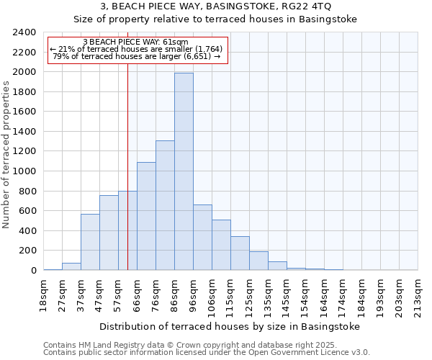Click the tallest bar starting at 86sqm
pyautogui.click(x=184, y=171)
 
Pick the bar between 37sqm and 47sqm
pyautogui.click(x=90, y=242)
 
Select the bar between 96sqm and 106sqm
pyautogui.click(x=202, y=238)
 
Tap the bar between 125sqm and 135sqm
pyautogui.click(x=258, y=261)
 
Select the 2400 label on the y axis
pyautogui.click(x=25, y=32)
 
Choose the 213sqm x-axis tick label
pyautogui.click(x=418, y=296)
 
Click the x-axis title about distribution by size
pyautogui.click(x=229, y=326)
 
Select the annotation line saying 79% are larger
pyautogui.click(x=137, y=56)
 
